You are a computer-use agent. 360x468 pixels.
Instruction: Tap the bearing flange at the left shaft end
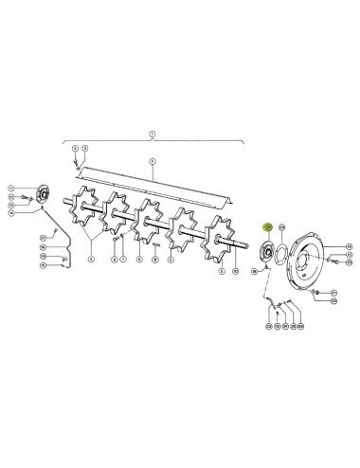click(42, 196)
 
